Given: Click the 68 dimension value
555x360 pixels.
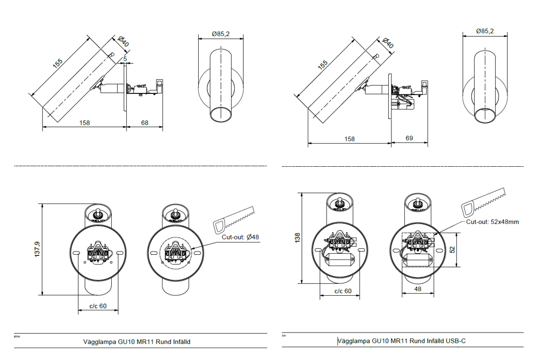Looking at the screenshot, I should (145, 123).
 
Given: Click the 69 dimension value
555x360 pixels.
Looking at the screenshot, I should (409, 139).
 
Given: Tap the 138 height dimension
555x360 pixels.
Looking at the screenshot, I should (297, 238).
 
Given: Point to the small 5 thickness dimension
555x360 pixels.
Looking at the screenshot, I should (125, 58).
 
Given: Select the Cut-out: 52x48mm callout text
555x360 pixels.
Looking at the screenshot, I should (492, 222).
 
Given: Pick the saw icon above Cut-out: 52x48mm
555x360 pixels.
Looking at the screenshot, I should (484, 203).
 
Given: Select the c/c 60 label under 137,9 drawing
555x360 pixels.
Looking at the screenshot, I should (97, 306).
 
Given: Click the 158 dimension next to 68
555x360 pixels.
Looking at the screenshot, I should (84, 123).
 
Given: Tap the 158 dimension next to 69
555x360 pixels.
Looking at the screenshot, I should (349, 139).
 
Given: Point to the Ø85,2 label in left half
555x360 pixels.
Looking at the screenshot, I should (220, 34).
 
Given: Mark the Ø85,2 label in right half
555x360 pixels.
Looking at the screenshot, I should (484, 31).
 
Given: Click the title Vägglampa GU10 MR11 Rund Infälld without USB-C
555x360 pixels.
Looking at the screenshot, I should (137, 342).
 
